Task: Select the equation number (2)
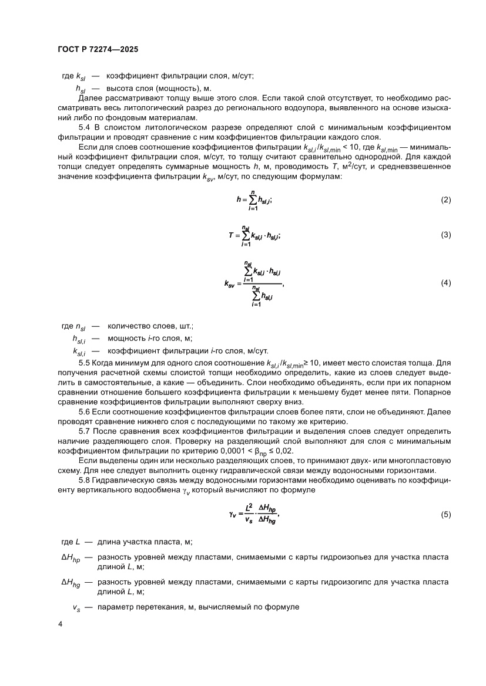tap(445, 200)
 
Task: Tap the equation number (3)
tap(445, 235)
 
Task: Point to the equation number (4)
tap(445, 283)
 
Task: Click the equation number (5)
tap(445, 499)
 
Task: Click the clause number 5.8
tap(85, 471)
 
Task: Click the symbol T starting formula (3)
tap(231, 235)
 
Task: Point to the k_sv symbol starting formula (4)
tap(230, 284)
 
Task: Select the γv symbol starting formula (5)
tap(233, 499)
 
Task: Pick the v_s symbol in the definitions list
tap(76, 607)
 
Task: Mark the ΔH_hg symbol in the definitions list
tap(70, 583)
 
